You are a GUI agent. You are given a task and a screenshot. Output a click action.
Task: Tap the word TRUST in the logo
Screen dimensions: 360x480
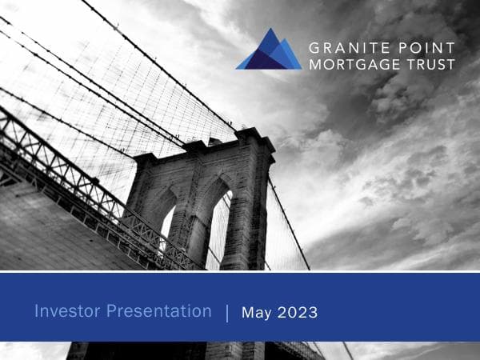point(433,63)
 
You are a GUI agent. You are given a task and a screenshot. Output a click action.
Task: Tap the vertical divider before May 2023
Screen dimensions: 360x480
point(226,313)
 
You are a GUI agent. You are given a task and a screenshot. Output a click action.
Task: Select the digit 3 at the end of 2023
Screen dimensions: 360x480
point(313,313)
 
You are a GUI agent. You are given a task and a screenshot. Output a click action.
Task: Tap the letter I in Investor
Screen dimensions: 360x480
point(37,311)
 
